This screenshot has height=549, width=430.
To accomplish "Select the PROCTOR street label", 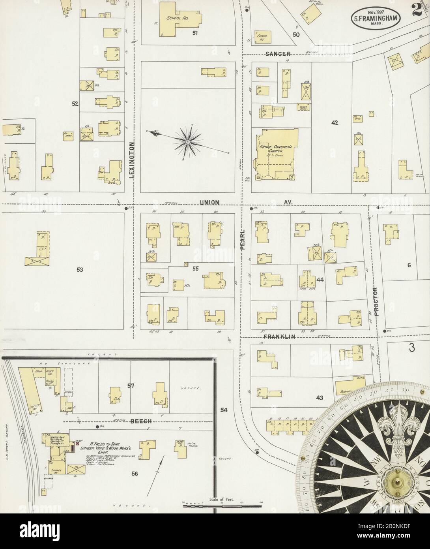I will [376, 301].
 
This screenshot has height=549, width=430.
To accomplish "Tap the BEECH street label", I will [140, 421].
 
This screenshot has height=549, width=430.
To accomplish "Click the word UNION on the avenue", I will [209, 203].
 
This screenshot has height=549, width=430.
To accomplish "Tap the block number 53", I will [80, 270].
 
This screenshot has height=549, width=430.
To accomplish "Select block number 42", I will [335, 123].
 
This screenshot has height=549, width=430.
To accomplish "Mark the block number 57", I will [131, 385].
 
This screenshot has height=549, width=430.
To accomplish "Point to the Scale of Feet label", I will [221, 500].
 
